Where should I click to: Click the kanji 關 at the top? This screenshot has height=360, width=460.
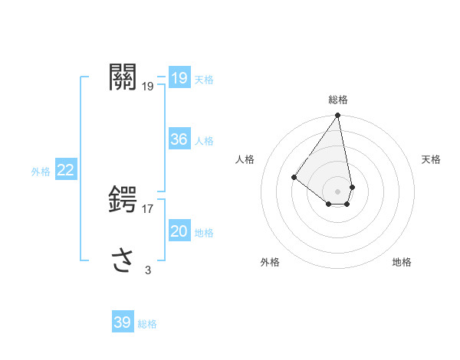pyautogui.click(x=123, y=77)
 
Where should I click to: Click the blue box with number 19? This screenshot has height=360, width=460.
pyautogui.click(x=179, y=78)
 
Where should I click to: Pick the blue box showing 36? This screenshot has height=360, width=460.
pyautogui.click(x=179, y=139)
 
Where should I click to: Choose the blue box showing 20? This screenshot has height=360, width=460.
pyautogui.click(x=179, y=232)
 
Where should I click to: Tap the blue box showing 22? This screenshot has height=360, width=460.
pyautogui.click(x=65, y=170)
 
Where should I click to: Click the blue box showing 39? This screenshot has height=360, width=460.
pyautogui.click(x=122, y=322)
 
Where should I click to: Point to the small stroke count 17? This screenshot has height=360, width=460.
pyautogui.click(x=149, y=208)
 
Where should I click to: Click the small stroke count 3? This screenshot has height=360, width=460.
pyautogui.click(x=148, y=270)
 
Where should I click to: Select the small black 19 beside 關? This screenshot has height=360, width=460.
pyautogui.click(x=148, y=87)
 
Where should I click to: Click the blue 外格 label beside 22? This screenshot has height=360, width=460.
pyautogui.click(x=41, y=172)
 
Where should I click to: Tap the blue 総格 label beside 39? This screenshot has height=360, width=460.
pyautogui.click(x=147, y=324)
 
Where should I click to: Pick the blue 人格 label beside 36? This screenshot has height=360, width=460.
pyautogui.click(x=204, y=141)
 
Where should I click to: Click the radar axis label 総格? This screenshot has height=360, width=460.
pyautogui.click(x=338, y=100)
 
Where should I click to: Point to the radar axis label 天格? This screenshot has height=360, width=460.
pyautogui.click(x=431, y=159)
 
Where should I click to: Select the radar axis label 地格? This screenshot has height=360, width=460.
pyautogui.click(x=402, y=262)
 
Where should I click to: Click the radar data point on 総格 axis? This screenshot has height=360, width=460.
pyautogui.click(x=338, y=116)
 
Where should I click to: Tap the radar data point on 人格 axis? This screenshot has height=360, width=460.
pyautogui.click(x=294, y=177)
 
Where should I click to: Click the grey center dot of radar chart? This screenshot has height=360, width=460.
pyautogui.click(x=338, y=191)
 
